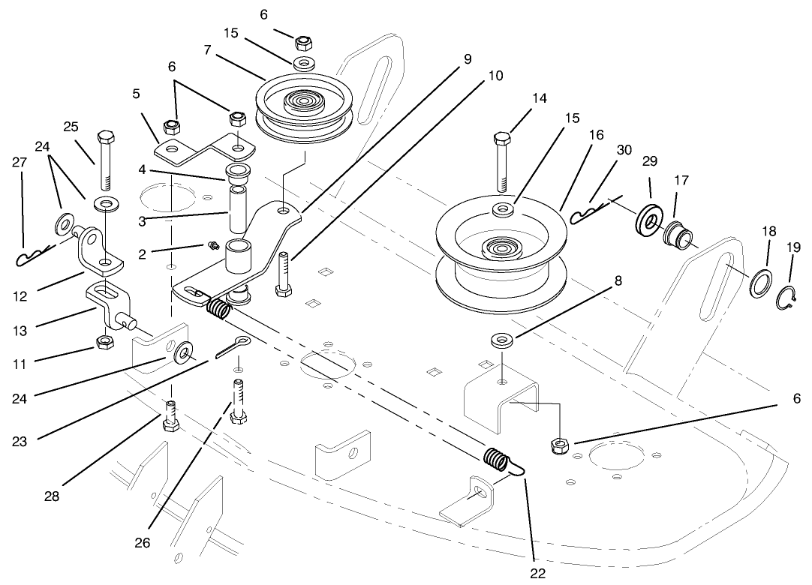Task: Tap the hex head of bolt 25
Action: point(104,138)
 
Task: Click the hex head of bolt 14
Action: point(503,138)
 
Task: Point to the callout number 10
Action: point(495,76)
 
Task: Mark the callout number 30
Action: point(624,151)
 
